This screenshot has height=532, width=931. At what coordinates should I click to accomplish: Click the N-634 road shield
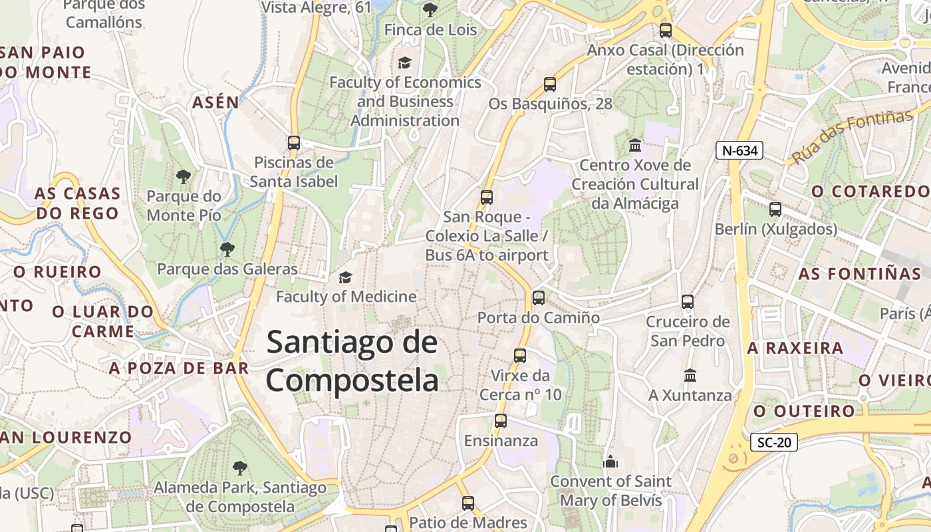tap(739, 150)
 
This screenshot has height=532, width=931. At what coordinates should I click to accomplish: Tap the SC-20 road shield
tap(773, 442)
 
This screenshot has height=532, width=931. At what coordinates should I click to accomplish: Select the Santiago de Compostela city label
tap(352, 362)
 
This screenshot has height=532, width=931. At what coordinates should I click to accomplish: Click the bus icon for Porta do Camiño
tap(539, 298)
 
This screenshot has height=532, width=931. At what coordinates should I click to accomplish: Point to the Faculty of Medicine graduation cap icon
tap(345, 277)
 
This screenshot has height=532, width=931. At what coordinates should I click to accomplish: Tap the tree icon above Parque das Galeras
tap(227, 249)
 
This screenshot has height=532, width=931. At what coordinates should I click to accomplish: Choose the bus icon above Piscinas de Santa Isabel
tap(293, 143)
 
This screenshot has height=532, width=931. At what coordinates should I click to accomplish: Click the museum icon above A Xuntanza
tap(690, 376)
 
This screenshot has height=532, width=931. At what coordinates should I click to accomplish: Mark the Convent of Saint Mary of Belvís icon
tap(610, 461)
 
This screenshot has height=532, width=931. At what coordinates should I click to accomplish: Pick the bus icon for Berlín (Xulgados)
tap(775, 209)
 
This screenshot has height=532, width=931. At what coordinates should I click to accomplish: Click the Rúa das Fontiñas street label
tap(853, 137)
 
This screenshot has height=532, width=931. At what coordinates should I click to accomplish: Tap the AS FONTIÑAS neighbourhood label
tap(859, 274)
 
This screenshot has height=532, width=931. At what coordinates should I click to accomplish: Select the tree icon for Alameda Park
tap(239, 468)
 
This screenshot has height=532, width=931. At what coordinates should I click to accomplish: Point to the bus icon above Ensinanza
tap(501, 421)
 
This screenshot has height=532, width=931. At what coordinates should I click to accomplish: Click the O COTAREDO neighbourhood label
tap(870, 192)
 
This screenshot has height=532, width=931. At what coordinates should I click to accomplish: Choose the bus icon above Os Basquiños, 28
tap(550, 84)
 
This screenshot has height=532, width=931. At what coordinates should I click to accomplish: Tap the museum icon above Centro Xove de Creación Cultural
tap(635, 145)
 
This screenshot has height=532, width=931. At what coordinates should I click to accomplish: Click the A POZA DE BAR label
tap(179, 368)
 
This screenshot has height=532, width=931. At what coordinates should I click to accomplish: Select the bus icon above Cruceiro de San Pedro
tap(688, 302)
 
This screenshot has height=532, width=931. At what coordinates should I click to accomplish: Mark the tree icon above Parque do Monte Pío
tap(184, 177)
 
